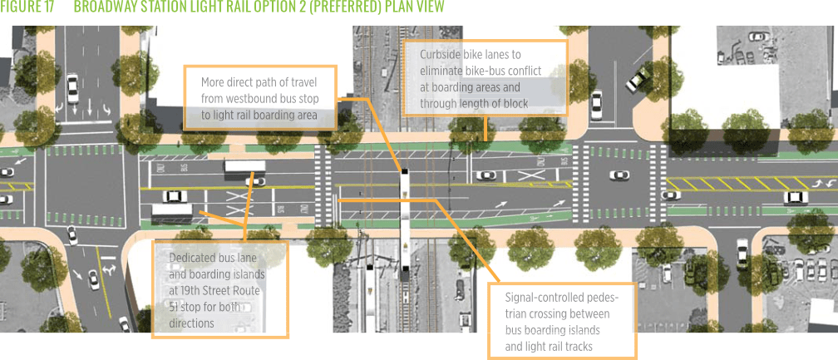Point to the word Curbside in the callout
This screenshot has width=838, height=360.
[x=441, y=55]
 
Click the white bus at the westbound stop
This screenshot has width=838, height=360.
[x=244, y=166]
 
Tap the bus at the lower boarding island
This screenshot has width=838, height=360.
[x=171, y=212]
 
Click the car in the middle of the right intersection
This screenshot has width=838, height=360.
[x=619, y=175]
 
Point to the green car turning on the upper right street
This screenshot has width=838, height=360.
[x=638, y=80]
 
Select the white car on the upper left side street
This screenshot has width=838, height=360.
[x=73, y=87]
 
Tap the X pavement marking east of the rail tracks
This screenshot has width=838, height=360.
[x=525, y=175]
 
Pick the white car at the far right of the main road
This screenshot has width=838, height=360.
[x=796, y=197]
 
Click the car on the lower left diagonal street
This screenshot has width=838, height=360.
[x=94, y=279]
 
